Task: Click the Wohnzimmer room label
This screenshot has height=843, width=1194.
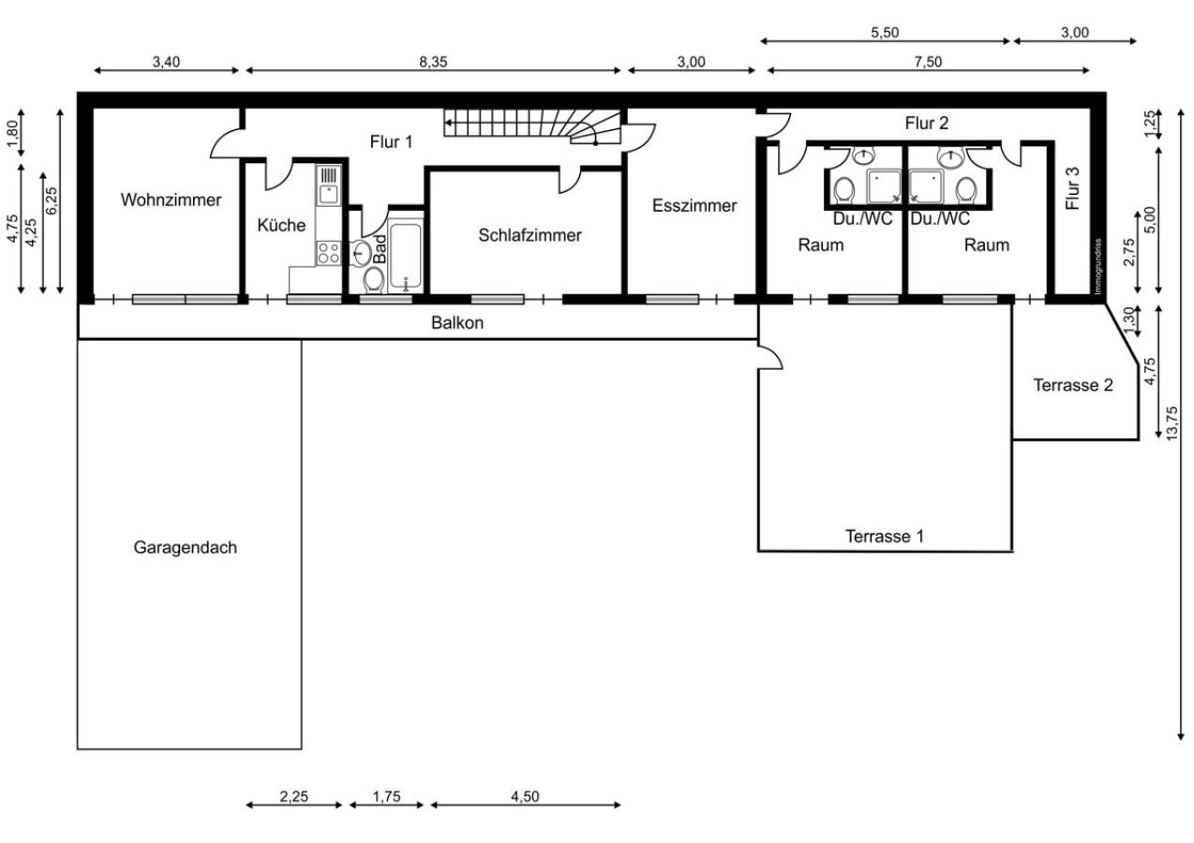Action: click(171, 200)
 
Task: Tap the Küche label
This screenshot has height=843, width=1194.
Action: click(281, 225)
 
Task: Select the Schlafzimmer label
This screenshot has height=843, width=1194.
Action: click(530, 235)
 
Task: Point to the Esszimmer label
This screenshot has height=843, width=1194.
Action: click(694, 205)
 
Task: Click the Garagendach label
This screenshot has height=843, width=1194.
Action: click(185, 547)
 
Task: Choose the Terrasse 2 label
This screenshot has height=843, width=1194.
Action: click(1073, 385)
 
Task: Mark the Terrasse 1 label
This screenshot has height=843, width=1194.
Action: click(885, 536)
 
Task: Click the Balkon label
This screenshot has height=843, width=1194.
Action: click(456, 322)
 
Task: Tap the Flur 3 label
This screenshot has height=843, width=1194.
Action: click(1072, 188)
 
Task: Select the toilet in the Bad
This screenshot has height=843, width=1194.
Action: click(374, 280)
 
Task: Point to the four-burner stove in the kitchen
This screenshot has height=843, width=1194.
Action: click(328, 253)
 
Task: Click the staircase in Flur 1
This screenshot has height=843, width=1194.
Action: click(532, 126)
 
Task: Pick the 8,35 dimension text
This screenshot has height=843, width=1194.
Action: click(433, 62)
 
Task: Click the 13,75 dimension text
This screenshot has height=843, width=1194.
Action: click(1172, 423)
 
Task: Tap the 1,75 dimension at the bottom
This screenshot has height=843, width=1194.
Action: click(386, 797)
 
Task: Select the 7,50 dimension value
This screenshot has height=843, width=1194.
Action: click(928, 62)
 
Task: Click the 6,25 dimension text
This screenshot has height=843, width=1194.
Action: click(52, 200)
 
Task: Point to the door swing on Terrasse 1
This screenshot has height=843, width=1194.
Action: click(770, 354)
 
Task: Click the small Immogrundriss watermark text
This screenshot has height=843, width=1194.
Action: click(1097, 266)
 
